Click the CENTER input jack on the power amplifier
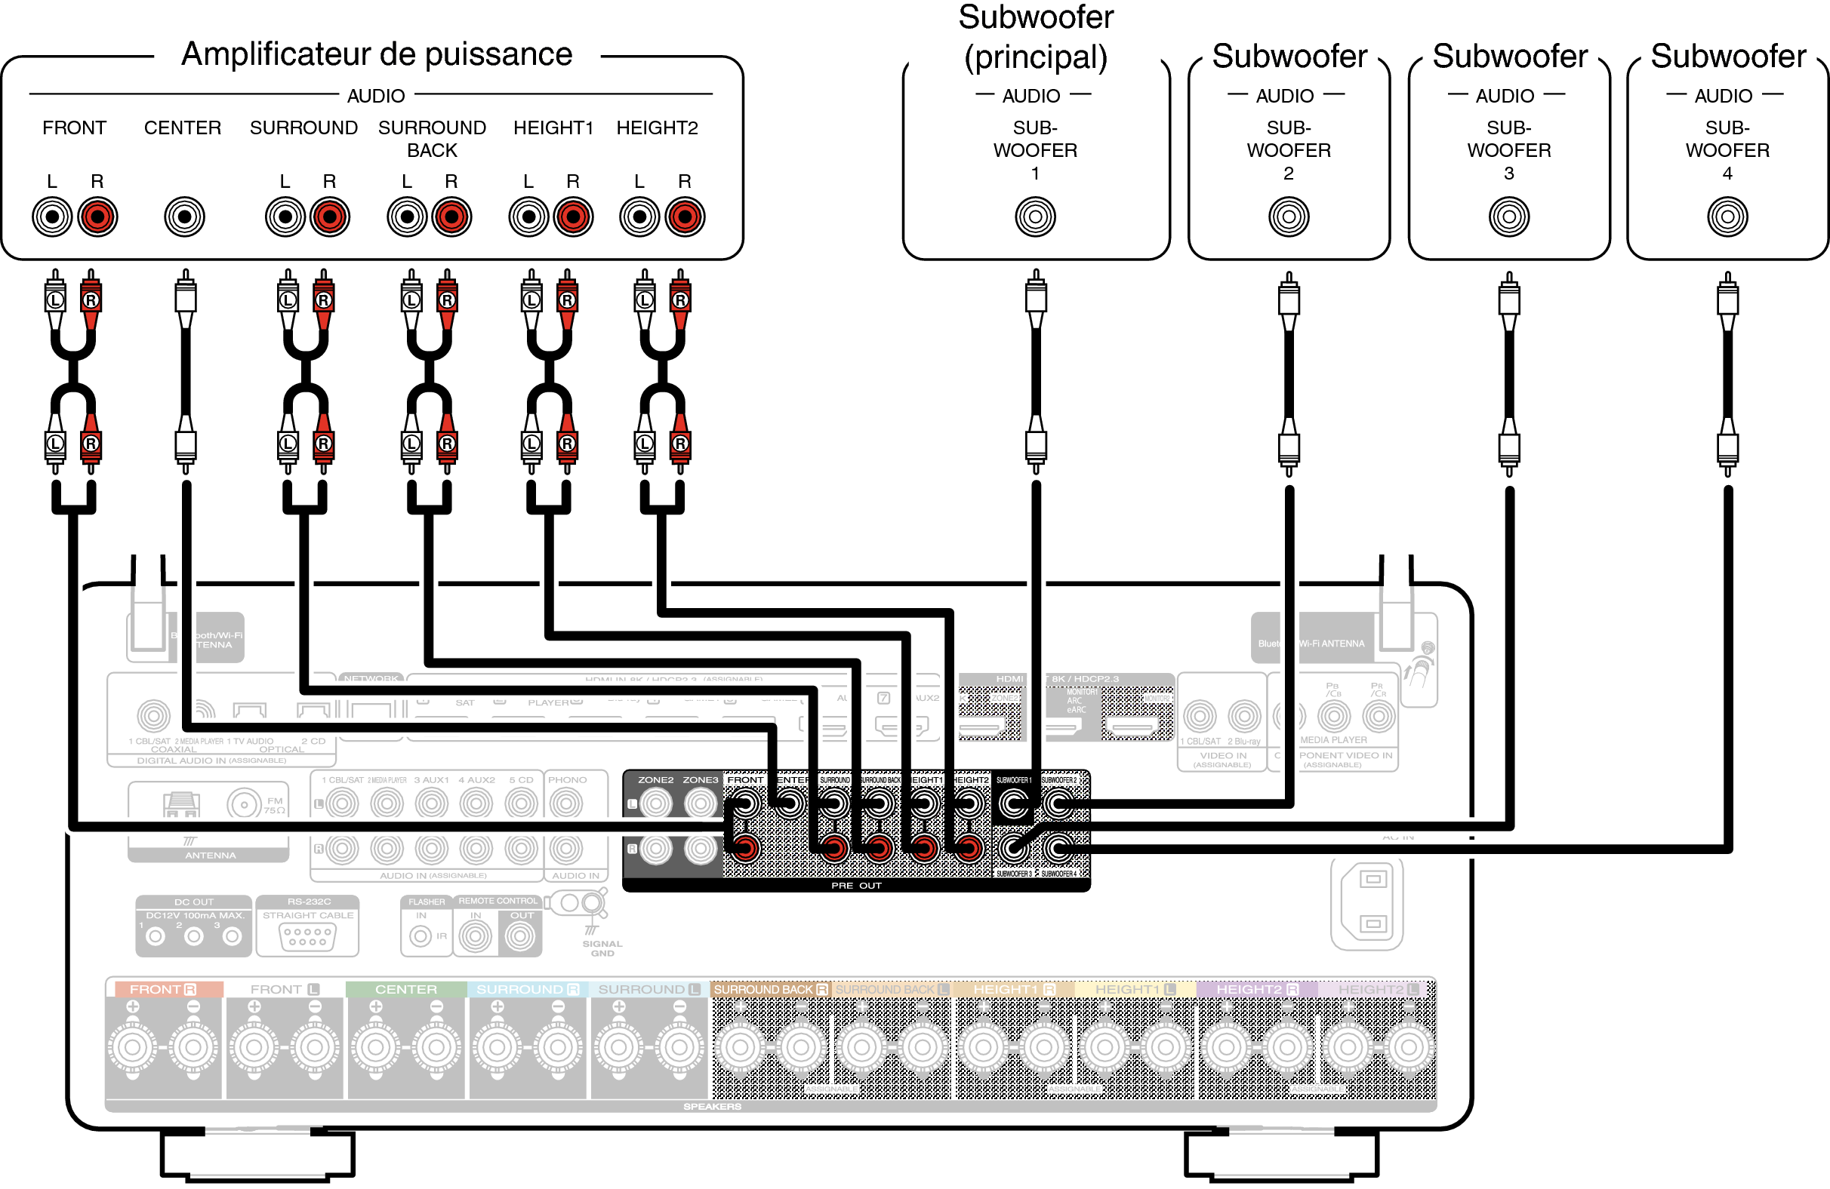click(184, 217)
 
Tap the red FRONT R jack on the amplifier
click(97, 217)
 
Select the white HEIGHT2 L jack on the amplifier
click(639, 217)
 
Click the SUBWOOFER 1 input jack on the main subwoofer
click(1035, 217)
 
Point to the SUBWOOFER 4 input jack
click(1727, 217)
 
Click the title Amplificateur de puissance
click(377, 54)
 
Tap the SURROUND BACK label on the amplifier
click(432, 138)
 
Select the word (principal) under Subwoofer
click(1036, 57)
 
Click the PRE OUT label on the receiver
click(856, 886)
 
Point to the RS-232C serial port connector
click(307, 937)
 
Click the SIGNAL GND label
click(602, 948)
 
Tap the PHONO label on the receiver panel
click(568, 780)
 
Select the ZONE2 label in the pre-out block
click(656, 780)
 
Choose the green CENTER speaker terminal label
click(406, 989)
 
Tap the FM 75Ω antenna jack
click(245, 805)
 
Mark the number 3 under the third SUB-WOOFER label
click(1508, 174)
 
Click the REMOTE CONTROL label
click(498, 901)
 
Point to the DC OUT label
click(194, 902)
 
